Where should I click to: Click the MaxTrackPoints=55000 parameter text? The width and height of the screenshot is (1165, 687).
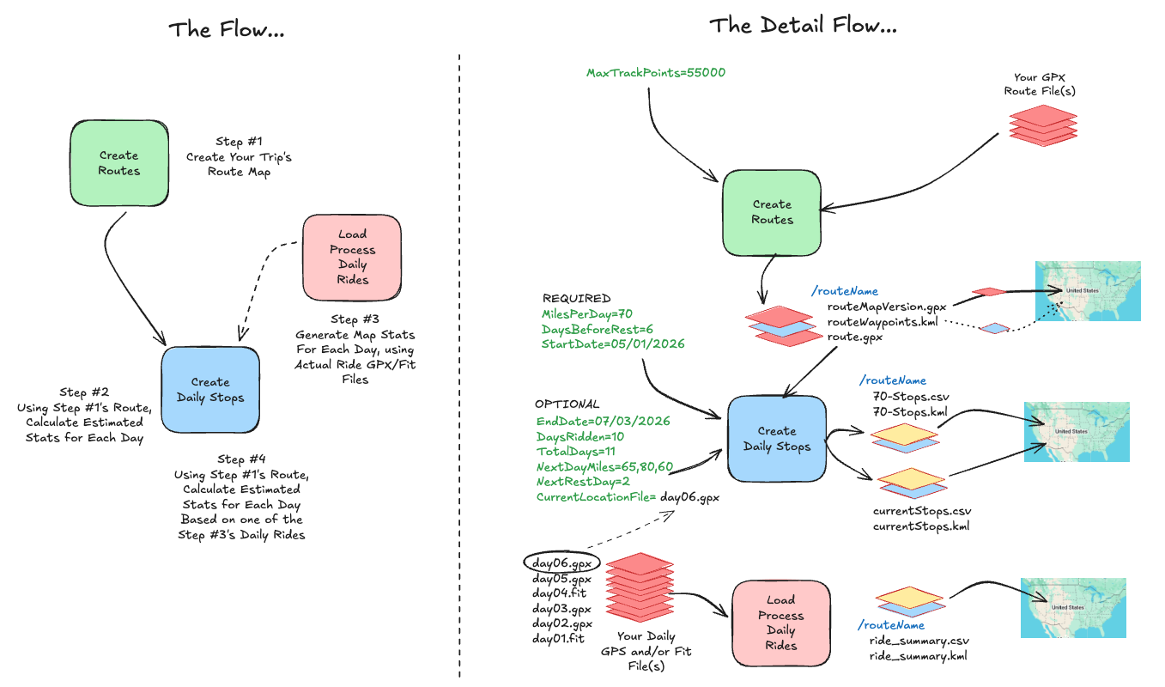(x=656, y=73)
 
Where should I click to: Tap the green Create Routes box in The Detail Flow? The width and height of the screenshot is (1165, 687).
(x=771, y=212)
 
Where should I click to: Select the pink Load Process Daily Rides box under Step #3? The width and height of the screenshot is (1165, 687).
(x=352, y=257)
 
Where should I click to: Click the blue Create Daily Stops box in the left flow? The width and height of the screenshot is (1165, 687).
(x=210, y=389)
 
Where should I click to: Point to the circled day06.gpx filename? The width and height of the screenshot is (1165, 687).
(x=559, y=563)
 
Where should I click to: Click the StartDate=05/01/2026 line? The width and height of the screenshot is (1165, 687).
(x=613, y=344)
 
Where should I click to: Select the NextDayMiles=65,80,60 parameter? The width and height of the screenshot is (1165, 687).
(x=604, y=466)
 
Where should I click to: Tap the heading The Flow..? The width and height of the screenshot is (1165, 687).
(x=227, y=29)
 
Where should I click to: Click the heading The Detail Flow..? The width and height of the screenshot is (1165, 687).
(x=803, y=26)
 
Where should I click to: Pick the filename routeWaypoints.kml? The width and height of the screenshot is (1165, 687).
(x=882, y=321)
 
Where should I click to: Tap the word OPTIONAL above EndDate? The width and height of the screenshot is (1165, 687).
(x=567, y=404)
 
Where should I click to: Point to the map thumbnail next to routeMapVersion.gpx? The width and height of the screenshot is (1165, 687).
(x=1088, y=291)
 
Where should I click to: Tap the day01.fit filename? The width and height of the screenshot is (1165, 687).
(x=558, y=639)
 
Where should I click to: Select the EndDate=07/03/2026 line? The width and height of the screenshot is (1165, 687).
(x=603, y=421)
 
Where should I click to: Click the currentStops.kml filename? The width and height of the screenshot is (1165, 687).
(x=921, y=526)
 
